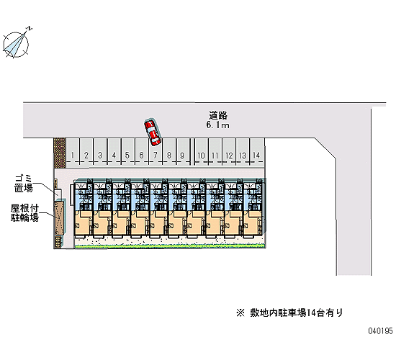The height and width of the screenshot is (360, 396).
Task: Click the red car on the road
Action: point(153,132)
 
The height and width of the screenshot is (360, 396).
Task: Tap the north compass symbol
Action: point(17,43)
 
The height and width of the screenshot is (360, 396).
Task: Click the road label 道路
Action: point(218,115)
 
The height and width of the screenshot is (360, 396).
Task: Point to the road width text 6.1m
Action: point(217,125)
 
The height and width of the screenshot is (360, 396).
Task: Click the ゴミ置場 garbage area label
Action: point(24,184)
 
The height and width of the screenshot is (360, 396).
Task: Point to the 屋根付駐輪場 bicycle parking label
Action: point(24,212)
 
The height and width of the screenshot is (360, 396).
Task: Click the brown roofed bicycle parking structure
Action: point(60,218)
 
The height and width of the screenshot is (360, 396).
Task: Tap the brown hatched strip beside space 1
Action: point(60,153)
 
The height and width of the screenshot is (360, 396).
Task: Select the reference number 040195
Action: point(381,330)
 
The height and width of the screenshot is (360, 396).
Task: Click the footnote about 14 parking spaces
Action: point(289,312)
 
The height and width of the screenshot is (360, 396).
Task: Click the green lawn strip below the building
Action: point(170,246)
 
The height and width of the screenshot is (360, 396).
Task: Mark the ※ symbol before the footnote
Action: point(240,313)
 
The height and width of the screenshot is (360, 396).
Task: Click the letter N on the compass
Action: point(30,28)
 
